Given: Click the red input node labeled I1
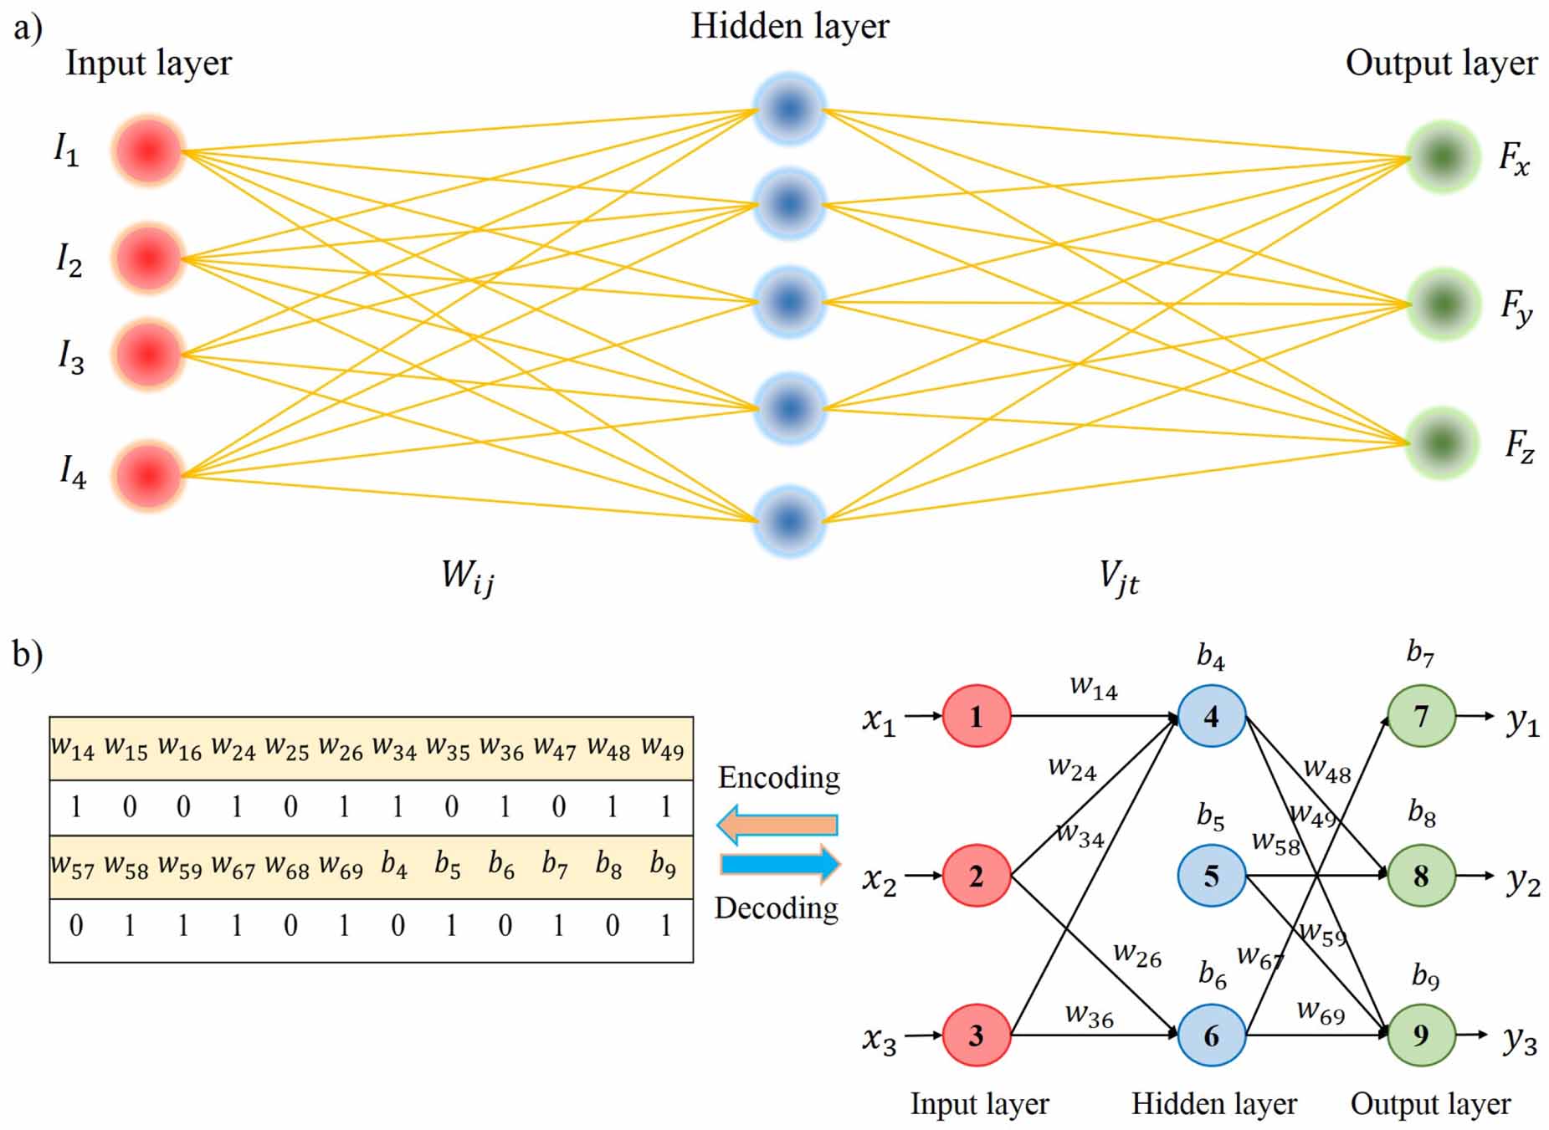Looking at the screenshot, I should tap(148, 151).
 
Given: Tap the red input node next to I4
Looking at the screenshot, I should tap(148, 475).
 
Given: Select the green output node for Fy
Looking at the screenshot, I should tap(1443, 304).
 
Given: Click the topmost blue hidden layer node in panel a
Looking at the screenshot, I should tap(789, 109).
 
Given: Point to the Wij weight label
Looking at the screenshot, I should tap(467, 577).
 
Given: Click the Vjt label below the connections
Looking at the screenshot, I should tap(1119, 577).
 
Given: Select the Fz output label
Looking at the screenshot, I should tap(1518, 446).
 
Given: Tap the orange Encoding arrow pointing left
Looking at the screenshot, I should tap(777, 825).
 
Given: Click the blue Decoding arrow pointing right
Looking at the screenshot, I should tap(780, 864).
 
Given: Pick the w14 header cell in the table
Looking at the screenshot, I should tap(73, 748).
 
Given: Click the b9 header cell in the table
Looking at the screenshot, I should tap(663, 865).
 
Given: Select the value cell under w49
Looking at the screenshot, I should tap(665, 806).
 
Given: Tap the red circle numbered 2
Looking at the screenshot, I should tap(976, 876).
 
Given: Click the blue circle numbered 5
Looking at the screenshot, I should tap(1211, 876).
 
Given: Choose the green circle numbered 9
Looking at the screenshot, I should tap(1421, 1035).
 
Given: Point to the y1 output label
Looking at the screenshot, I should tap(1522, 721).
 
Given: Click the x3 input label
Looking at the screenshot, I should tap(879, 1040).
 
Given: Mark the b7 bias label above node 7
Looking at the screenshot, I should tap(1420, 652).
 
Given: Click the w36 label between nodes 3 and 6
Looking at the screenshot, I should tap(1089, 1015).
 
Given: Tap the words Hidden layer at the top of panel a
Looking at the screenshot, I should tap(789, 27).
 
